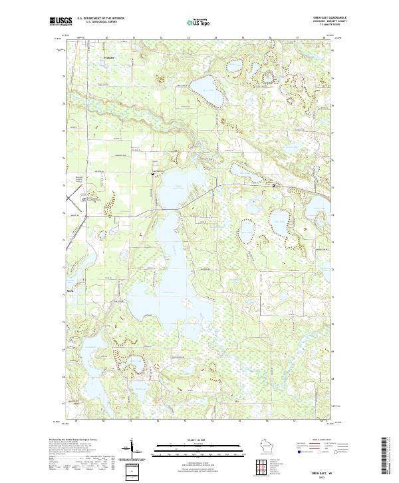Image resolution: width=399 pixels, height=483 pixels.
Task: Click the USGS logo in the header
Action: tap(61, 21)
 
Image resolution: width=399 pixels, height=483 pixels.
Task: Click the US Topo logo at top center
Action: tap(199, 22)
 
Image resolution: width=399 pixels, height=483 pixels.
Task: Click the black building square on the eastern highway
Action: tap(275, 185)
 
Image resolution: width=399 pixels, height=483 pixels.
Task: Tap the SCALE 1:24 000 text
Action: tap(199, 440)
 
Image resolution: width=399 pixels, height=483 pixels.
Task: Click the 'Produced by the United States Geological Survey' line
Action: tap(73, 440)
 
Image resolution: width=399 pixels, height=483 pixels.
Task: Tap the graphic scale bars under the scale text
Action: tap(199, 450)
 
